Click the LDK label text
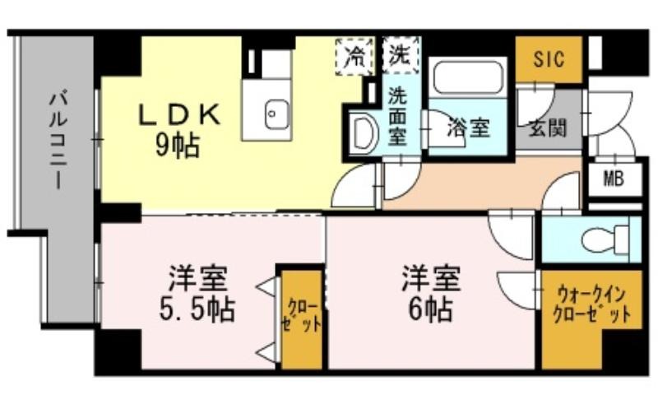coord(179,114)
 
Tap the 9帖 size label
coord(177,146)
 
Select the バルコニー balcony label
coord(58,141)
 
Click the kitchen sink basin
coord(277,114)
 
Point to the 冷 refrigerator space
coord(354,56)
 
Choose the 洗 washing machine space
coord(401,55)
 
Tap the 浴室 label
coord(469,128)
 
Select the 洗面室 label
coord(396,115)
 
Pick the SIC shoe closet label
coord(549,59)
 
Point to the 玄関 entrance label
coord(547,128)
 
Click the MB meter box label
coord(614,179)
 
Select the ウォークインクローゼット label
coord(591,304)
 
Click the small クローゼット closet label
coord(301,316)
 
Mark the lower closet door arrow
coord(266,353)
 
